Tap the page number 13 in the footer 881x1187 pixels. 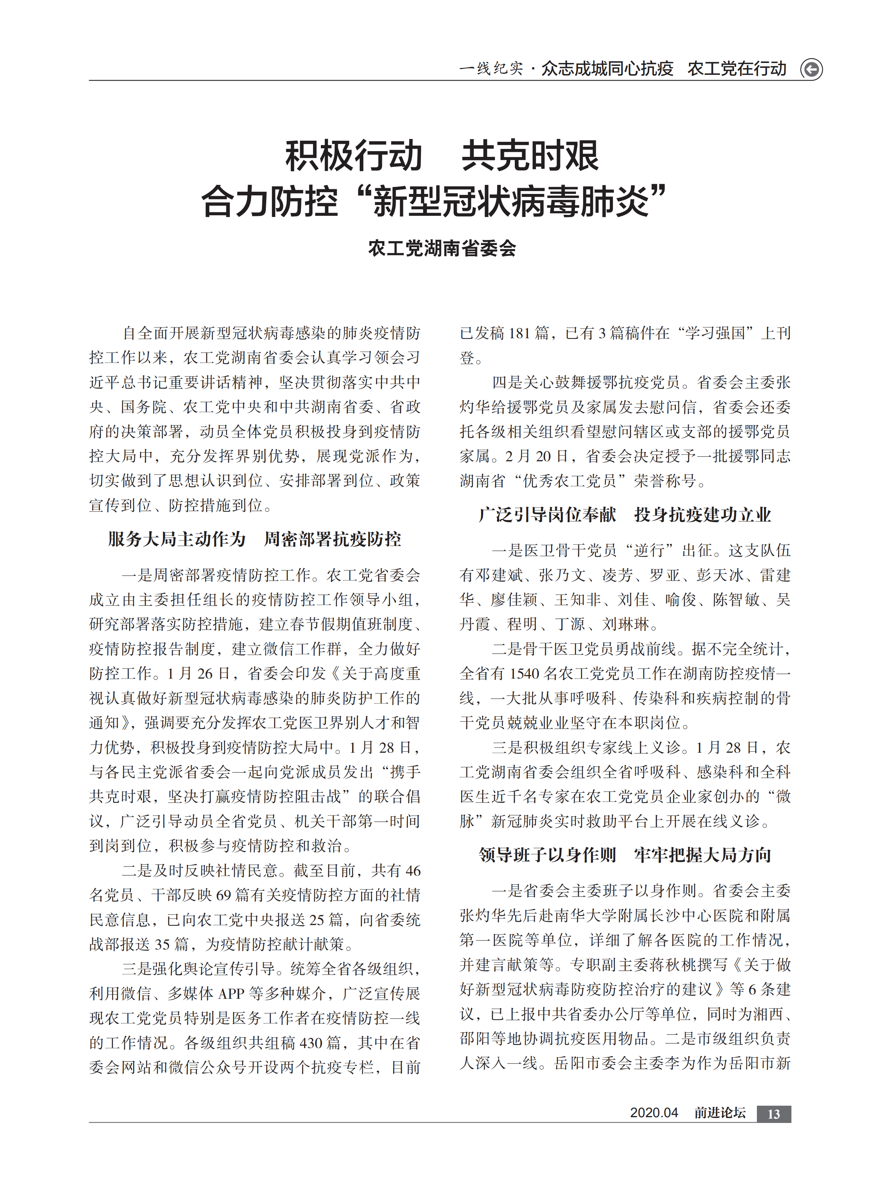[x=773, y=1114]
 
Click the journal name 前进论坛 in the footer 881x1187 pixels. [x=719, y=1113]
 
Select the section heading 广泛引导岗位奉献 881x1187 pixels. [x=547, y=515]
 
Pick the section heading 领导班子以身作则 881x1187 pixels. [x=547, y=855]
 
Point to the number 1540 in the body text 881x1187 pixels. [x=524, y=674]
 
